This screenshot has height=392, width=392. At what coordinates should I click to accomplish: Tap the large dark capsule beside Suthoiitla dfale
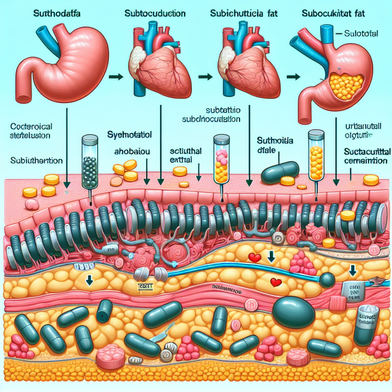point(280,171)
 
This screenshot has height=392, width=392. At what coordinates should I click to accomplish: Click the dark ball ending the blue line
point(327,279)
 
